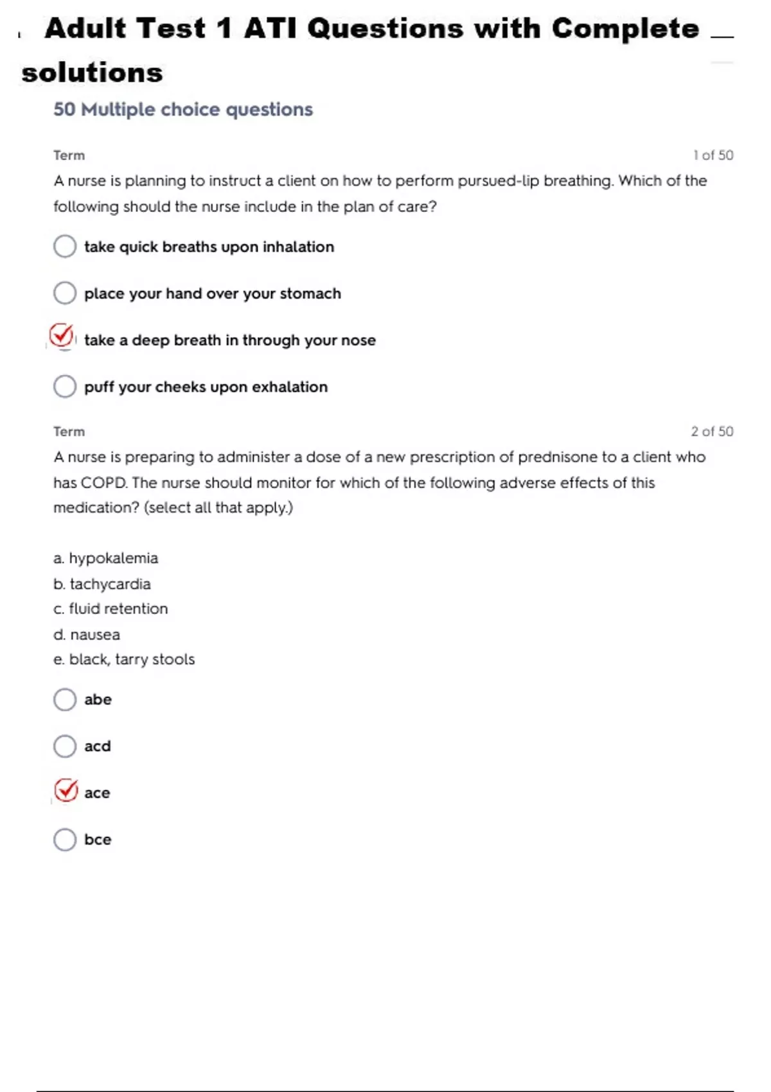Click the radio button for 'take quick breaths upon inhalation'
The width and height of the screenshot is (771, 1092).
coord(65,246)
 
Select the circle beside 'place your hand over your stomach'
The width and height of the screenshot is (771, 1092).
coord(65,293)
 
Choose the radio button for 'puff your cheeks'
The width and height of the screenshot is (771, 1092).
coord(65,387)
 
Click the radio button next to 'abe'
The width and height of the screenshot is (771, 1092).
coord(65,700)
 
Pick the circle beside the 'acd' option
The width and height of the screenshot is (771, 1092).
coord(65,746)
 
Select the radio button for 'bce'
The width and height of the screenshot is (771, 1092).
coord(65,840)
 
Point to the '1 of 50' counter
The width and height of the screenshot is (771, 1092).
coord(713,155)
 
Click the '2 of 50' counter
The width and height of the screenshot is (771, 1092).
coord(712,432)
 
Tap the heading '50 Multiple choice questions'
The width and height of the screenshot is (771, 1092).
coord(183,110)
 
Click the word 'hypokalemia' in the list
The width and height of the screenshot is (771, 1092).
coord(114,558)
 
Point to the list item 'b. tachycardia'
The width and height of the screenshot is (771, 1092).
coord(102,584)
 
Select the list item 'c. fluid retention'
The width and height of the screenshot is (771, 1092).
coord(111,609)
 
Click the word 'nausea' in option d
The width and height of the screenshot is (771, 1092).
coord(95,635)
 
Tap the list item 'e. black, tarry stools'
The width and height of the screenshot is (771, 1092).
coord(124,660)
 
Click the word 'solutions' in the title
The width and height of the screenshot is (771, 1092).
coord(93,73)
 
